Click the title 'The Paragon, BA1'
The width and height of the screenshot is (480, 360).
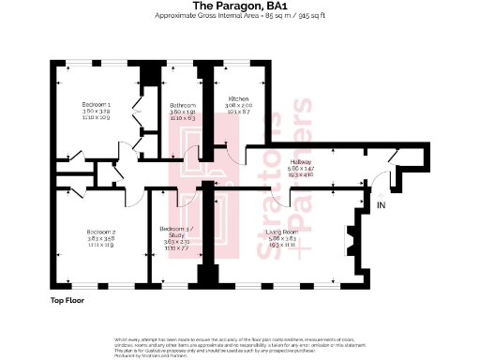coord(239,7)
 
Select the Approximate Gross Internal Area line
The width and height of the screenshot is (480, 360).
coord(239,17)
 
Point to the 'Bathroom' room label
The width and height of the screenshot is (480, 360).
coord(183,104)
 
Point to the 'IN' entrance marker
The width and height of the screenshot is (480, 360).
coord(381,203)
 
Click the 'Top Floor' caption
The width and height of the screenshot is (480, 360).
coord(69,301)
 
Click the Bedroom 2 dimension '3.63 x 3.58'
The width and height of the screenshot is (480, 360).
coord(101,238)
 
